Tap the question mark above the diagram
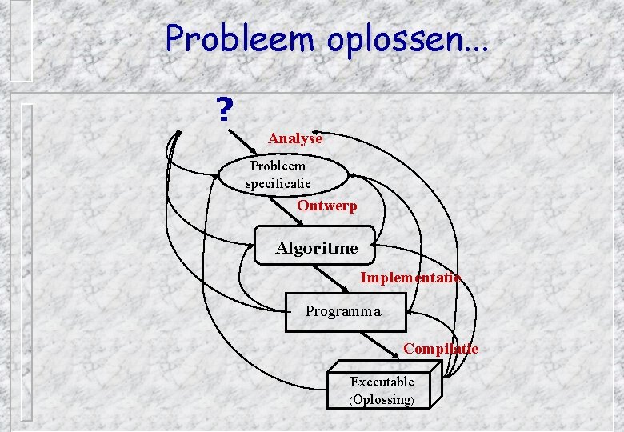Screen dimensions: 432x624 225,110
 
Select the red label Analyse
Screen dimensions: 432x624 295,138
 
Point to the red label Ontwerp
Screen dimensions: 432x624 327,206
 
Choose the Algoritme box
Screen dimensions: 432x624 316,248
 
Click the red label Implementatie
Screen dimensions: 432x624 410,278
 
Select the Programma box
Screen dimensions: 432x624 345,311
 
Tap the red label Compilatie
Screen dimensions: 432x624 441,349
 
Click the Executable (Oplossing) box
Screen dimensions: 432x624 382,390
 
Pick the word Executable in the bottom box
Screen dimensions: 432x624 382,382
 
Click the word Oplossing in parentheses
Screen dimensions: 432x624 382,400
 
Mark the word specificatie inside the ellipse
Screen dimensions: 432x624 278,183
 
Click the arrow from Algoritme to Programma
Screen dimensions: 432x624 336,277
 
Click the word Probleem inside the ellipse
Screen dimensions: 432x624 278,166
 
